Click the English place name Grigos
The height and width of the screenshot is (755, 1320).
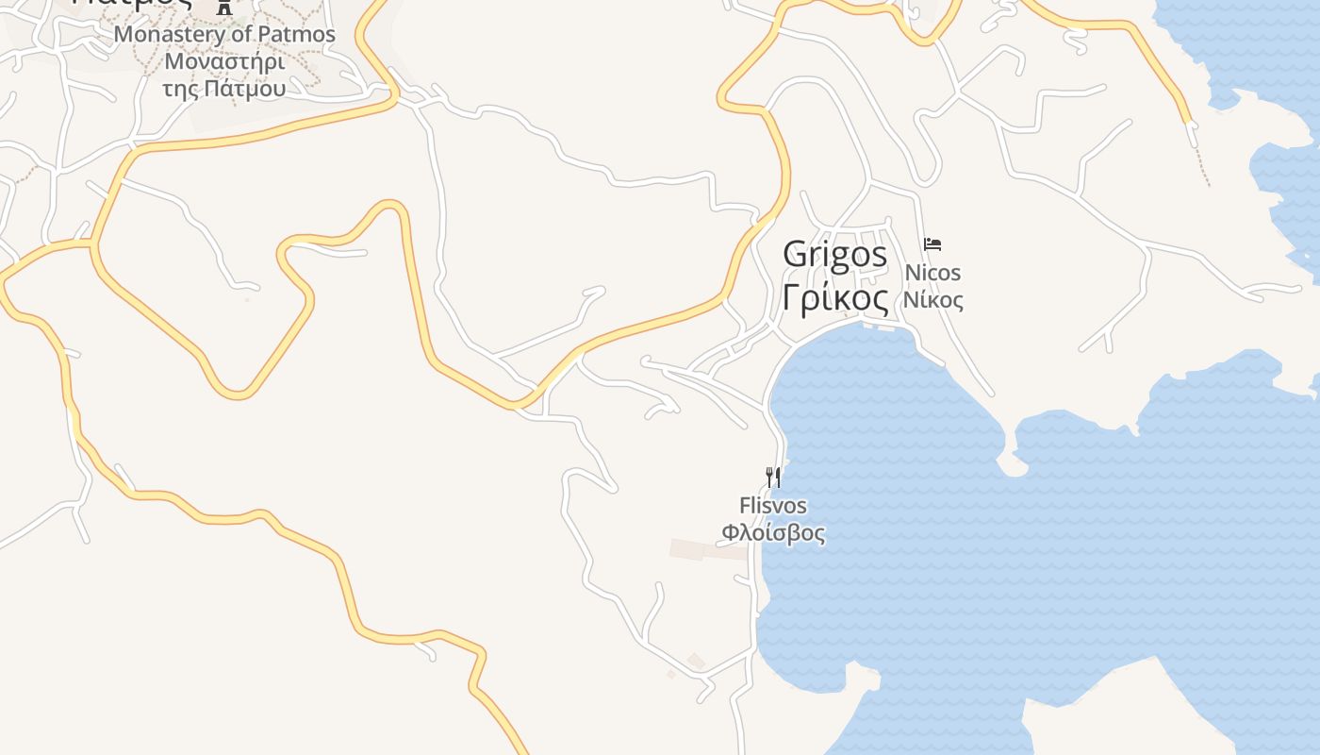point(835,255)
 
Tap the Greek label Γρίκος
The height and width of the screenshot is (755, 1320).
point(835,298)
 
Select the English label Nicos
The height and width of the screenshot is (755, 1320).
point(932,274)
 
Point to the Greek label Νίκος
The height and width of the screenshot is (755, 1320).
point(932,301)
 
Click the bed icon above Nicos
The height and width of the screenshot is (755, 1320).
point(932,243)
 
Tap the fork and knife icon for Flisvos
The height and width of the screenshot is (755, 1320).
point(773,477)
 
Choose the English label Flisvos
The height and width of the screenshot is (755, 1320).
point(773,506)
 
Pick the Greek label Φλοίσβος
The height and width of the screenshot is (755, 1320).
point(773,533)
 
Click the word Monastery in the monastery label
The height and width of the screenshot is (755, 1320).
point(171,35)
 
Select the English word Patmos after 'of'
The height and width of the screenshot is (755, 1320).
point(300,35)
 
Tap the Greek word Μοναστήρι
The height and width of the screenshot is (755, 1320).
point(224,62)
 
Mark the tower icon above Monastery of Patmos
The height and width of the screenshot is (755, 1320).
point(223,7)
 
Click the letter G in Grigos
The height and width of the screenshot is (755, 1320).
point(794,255)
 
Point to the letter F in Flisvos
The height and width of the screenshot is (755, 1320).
point(745,506)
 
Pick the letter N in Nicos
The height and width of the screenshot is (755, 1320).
point(912,274)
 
